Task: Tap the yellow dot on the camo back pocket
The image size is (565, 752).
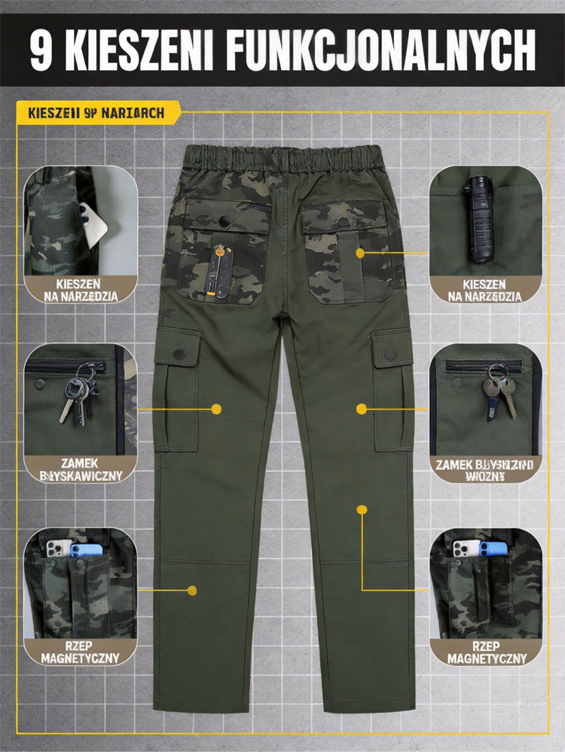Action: [x=361, y=253]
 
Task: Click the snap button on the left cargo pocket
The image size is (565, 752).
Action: [x=179, y=353]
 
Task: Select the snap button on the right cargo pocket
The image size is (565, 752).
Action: [x=390, y=354]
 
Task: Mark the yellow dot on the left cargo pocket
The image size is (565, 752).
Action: [x=216, y=409]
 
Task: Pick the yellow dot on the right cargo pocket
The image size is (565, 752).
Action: [x=362, y=409]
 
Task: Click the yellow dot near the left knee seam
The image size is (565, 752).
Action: [x=192, y=591]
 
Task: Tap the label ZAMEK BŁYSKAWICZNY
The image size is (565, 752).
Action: [x=80, y=470]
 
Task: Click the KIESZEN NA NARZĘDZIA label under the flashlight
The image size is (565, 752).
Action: [x=485, y=290]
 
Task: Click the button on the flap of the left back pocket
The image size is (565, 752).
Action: [x=224, y=220]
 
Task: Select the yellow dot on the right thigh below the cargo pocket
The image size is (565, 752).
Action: [x=362, y=510]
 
